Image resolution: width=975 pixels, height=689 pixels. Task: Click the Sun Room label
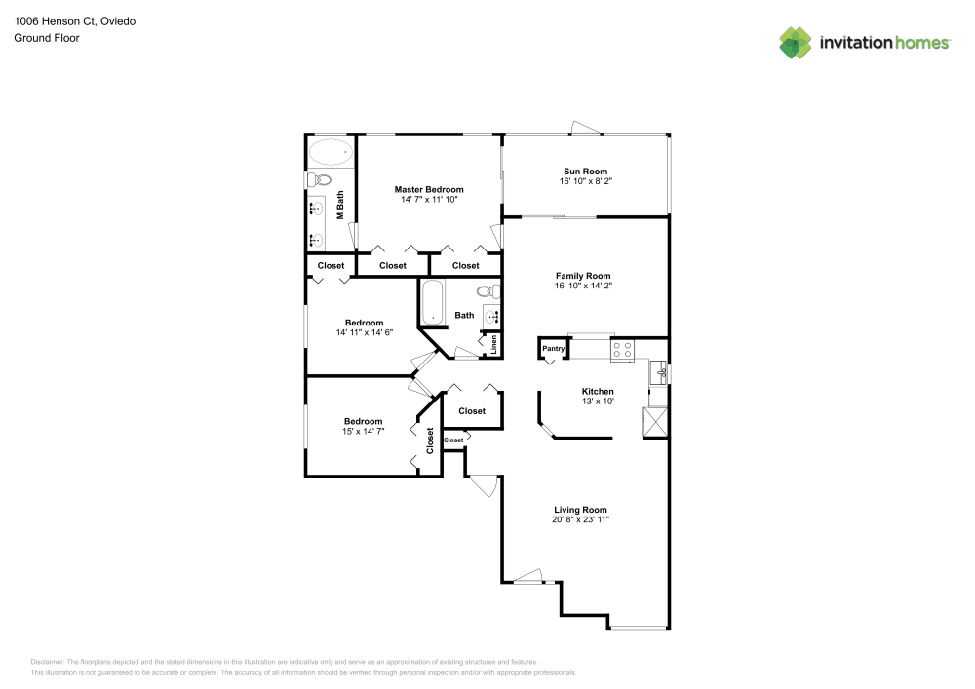click(585, 172)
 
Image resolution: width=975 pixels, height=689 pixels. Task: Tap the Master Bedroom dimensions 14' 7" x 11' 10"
click(429, 200)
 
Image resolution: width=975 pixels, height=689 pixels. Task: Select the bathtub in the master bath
click(331, 152)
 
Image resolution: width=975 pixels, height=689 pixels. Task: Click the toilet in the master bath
click(320, 181)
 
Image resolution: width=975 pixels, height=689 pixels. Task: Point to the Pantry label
click(553, 349)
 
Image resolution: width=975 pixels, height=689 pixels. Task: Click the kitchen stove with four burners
click(622, 351)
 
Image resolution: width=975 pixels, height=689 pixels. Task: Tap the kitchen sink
click(658, 372)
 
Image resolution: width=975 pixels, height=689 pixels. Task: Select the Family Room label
click(583, 276)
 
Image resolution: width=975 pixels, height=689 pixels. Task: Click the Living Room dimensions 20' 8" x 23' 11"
click(580, 519)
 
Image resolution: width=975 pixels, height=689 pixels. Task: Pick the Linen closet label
click(494, 345)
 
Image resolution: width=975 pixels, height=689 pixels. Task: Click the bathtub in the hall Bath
click(433, 302)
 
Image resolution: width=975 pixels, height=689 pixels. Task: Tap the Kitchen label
click(598, 392)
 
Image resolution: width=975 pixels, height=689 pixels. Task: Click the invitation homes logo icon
click(796, 43)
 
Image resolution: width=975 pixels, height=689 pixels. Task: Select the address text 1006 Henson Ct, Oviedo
click(75, 21)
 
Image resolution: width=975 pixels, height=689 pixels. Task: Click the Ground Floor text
click(47, 38)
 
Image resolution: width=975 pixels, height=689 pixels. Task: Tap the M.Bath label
click(340, 205)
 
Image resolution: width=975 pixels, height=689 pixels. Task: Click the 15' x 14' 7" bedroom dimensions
click(363, 431)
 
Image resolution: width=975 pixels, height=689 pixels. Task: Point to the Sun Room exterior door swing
click(586, 128)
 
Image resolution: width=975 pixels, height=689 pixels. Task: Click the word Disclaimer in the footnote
click(47, 662)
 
